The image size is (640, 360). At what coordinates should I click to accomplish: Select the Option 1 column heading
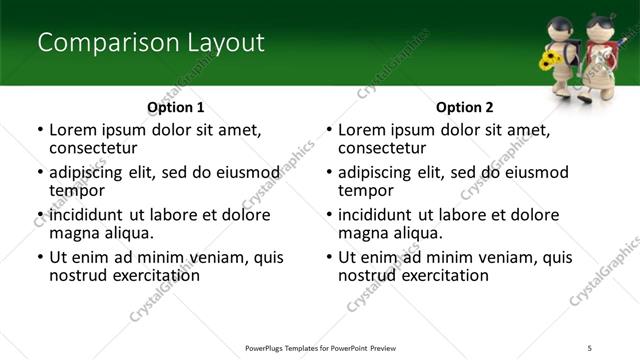tap(175, 107)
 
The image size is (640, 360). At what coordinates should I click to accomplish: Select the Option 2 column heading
tap(464, 107)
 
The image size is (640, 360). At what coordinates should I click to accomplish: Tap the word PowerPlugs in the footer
tap(268, 347)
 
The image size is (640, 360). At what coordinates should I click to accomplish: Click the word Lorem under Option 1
tap(72, 130)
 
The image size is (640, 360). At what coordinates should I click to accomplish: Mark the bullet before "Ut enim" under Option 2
tap(330, 257)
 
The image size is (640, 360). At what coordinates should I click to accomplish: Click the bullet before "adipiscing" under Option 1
tap(40, 173)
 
